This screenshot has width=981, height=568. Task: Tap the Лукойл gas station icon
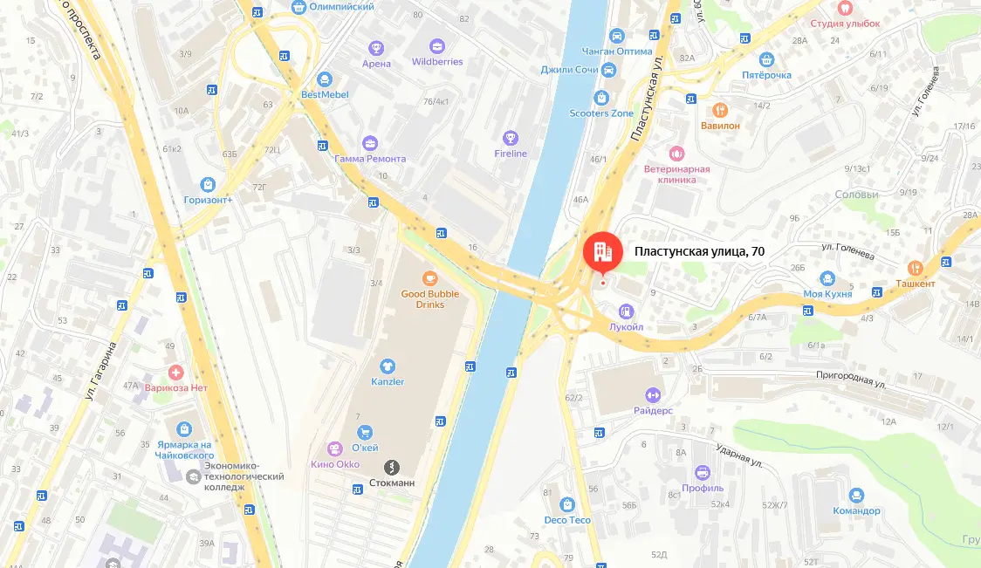click(626, 311)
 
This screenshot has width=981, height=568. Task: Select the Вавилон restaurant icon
click(720, 111)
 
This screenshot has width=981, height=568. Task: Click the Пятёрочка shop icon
click(767, 59)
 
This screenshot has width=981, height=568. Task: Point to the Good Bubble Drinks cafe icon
click(429, 278)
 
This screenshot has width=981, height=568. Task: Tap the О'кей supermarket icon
click(365, 431)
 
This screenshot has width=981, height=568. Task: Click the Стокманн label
click(392, 482)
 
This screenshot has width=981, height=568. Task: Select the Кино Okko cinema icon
click(333, 448)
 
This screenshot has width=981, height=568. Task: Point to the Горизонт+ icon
click(208, 184)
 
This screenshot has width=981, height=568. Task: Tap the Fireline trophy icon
click(511, 138)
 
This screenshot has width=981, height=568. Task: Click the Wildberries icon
click(437, 46)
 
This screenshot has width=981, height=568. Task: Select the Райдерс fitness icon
click(653, 394)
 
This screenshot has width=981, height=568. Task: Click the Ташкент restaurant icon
click(915, 268)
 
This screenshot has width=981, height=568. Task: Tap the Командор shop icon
click(855, 495)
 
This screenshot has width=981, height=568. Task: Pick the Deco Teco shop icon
click(567, 504)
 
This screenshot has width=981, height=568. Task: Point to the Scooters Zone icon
click(600, 98)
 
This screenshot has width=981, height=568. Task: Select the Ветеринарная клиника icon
click(676, 154)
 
